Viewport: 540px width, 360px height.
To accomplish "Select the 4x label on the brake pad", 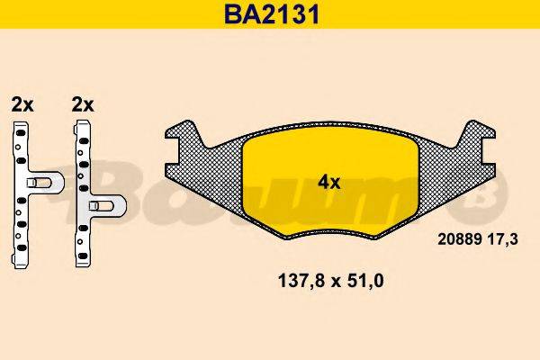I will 328,182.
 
